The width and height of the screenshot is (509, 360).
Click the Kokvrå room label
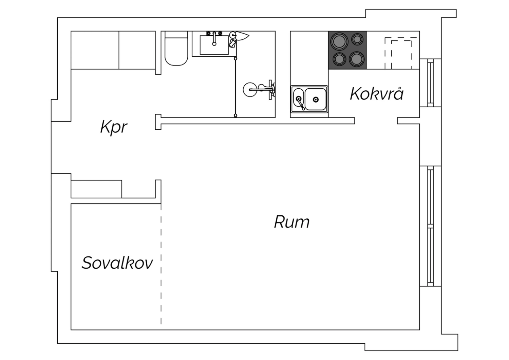click(377, 93)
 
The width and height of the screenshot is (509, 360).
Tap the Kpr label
click(114, 127)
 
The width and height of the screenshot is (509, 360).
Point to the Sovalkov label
click(117, 263)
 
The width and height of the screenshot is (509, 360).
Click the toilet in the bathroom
click(176, 49)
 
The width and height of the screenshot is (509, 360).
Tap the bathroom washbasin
click(214, 45)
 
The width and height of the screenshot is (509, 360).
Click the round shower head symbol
click(250, 90)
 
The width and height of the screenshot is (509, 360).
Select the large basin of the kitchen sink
click(315, 99)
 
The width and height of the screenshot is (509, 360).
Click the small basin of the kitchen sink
click(298, 98)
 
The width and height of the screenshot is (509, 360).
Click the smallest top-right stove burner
click(357, 39)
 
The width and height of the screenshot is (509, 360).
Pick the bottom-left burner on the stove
click(339, 59)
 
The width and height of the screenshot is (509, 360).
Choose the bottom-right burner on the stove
click(357, 59)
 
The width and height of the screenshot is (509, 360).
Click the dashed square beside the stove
click(401, 53)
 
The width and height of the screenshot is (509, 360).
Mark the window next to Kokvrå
click(430, 83)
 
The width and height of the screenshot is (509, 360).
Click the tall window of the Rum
click(430, 226)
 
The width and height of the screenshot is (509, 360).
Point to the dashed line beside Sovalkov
click(161, 264)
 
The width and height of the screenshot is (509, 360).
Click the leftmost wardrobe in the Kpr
click(95, 50)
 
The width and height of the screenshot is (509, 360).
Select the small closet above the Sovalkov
click(96, 189)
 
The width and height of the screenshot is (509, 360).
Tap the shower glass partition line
click(235, 87)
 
